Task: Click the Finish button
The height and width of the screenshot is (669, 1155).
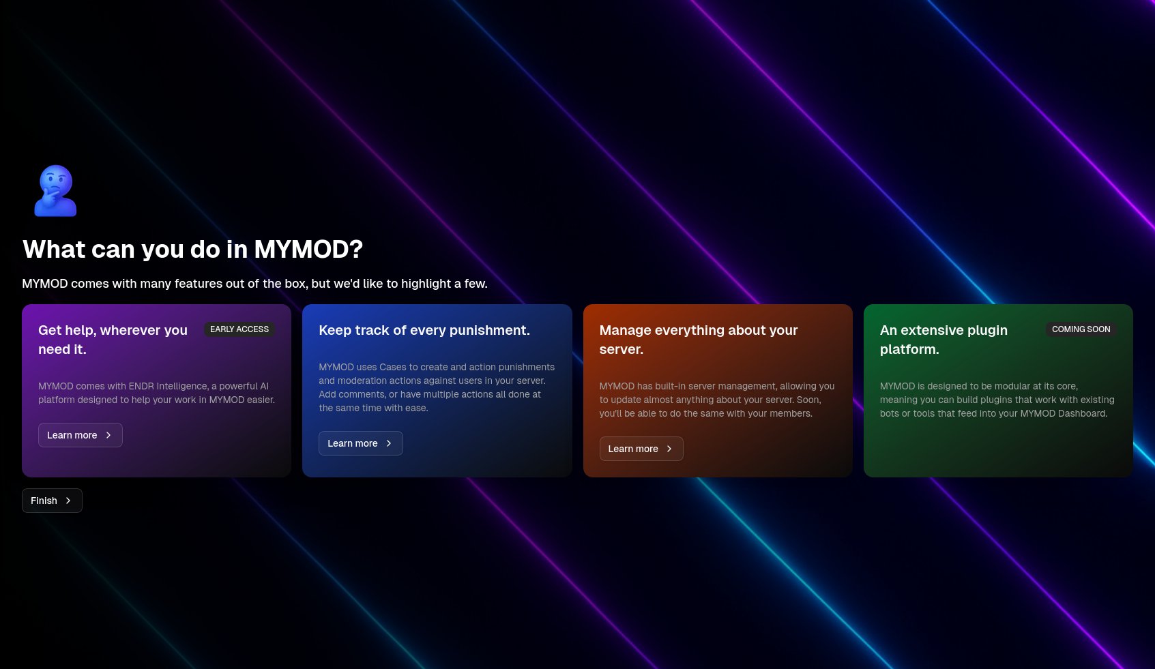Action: tap(52, 501)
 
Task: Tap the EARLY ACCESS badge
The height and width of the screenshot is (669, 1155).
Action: tap(239, 329)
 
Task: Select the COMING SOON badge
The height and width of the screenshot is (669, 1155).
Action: tap(1081, 329)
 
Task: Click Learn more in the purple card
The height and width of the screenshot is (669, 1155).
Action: tap(81, 435)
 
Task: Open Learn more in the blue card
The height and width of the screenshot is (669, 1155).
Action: tap(360, 443)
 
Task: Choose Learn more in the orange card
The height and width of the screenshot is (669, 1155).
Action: tap(641, 449)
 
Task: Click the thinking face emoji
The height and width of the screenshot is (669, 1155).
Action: tap(56, 191)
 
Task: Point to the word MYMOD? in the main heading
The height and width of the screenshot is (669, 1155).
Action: tap(308, 250)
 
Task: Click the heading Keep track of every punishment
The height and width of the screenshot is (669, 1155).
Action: tap(424, 330)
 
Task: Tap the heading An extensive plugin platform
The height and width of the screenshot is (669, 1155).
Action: tap(944, 340)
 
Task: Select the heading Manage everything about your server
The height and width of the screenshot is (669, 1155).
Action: tap(699, 340)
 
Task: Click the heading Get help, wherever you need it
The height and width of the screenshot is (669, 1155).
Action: tap(113, 340)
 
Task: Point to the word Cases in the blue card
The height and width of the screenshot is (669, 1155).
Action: tap(393, 367)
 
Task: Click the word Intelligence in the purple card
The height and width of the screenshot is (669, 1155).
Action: tap(182, 386)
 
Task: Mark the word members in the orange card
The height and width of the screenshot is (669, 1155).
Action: tap(795, 413)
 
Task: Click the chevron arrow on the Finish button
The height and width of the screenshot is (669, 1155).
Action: tap(68, 501)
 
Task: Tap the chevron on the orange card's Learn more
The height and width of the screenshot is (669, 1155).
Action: tap(669, 449)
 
